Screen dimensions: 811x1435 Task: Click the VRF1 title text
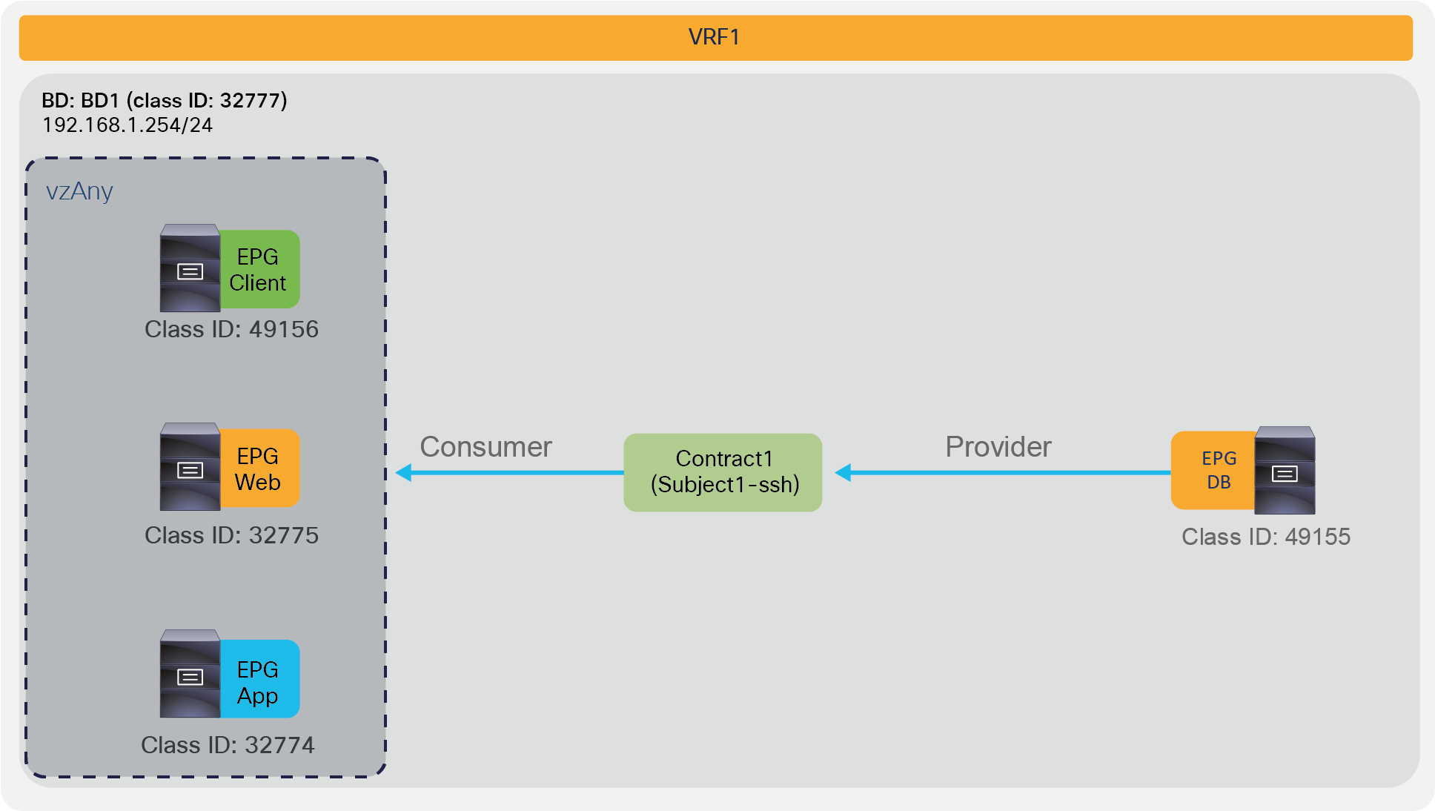tap(714, 37)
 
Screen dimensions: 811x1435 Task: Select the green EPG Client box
tap(259, 270)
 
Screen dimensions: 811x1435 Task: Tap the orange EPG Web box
tap(259, 469)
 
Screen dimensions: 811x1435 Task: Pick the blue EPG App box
tap(259, 680)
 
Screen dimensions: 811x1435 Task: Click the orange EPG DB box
tap(1213, 470)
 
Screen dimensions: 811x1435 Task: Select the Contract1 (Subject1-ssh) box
tap(723, 472)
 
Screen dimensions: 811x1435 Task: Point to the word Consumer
tap(485, 447)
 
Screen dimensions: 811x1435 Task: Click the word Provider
tap(998, 447)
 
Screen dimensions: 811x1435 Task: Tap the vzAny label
tap(79, 191)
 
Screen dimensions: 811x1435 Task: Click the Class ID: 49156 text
tap(231, 329)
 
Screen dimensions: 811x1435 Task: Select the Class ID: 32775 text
tap(231, 535)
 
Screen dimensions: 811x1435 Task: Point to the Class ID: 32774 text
tap(228, 745)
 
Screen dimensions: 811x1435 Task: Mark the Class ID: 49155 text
tap(1265, 537)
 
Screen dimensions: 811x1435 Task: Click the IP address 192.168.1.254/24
tap(127, 125)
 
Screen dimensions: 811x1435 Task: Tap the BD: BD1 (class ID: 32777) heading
tap(164, 100)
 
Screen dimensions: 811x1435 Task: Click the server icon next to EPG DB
tap(1285, 470)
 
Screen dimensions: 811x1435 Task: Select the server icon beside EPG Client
tap(190, 268)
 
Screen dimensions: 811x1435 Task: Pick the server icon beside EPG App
tap(190, 674)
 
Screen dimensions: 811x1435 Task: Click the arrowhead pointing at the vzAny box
tap(404, 472)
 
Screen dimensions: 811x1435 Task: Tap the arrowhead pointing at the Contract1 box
tap(844, 472)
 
